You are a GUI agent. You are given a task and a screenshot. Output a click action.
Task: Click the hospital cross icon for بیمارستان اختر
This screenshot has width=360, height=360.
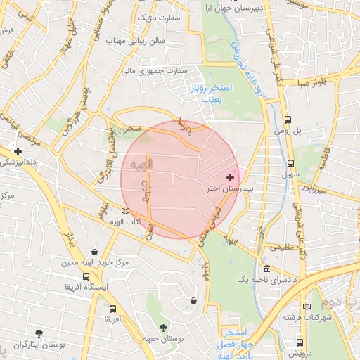click(x=231, y=177)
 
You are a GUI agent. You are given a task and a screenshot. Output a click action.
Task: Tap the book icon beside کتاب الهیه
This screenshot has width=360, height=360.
click(x=125, y=210)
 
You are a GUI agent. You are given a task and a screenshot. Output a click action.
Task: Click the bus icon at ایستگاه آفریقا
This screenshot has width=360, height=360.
click(x=86, y=276)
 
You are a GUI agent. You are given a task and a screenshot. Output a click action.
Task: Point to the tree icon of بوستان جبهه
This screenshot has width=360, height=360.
click(x=164, y=327)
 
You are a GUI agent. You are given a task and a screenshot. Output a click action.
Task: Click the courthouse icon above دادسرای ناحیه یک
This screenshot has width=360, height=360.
click(x=266, y=269)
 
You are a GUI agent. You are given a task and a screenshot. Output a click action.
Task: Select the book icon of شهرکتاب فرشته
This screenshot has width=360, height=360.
click(x=306, y=307)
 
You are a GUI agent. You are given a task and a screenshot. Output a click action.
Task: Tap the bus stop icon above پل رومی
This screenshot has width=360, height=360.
click(x=288, y=120)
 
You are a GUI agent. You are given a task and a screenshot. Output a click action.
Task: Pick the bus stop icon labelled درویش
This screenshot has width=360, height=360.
click(x=300, y=343)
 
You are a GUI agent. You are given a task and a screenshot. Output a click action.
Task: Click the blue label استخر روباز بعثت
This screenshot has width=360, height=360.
click(x=205, y=91)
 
